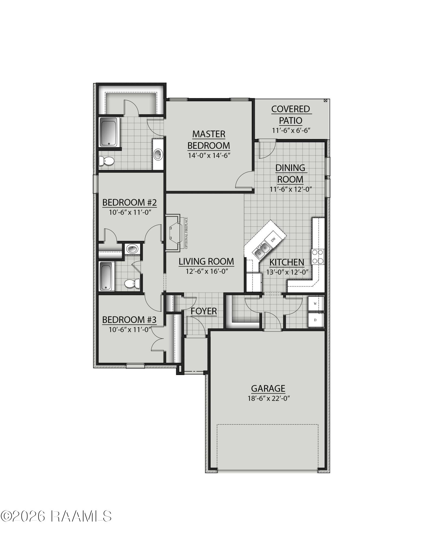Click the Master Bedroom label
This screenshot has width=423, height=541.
tap(209, 140)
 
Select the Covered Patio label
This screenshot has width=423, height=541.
tap(291, 115)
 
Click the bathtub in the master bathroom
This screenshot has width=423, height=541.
tap(109, 132)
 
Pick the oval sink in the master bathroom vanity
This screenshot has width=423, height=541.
tap(158, 154)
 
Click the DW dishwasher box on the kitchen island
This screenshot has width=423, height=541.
tap(273, 239)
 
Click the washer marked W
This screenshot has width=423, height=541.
tap(316, 304)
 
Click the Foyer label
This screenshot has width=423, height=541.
tap(204, 311)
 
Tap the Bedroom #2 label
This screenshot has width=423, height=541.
tap(130, 202)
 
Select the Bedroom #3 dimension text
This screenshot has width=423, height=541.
tap(130, 329)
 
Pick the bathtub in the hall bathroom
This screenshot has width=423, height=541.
tap(107, 276)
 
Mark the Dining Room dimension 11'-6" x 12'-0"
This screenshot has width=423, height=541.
tap(291, 189)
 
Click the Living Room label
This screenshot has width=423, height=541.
tap(206, 262)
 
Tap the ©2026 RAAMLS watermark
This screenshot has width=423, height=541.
tap(56, 524)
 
